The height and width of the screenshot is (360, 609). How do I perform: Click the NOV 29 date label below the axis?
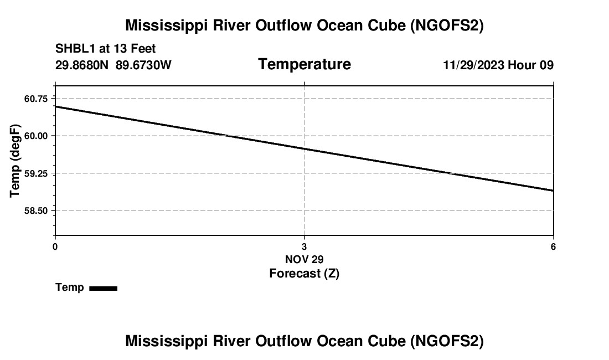click(304, 259)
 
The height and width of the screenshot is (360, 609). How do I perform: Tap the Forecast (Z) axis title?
click(304, 273)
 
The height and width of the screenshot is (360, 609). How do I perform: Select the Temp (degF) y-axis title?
click(16, 161)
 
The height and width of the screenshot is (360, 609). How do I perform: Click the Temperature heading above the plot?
click(304, 64)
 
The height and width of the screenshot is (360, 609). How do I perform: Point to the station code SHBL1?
click(74, 49)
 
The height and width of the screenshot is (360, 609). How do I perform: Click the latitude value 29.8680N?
click(82, 65)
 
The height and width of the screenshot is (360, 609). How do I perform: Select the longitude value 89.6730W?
click(143, 65)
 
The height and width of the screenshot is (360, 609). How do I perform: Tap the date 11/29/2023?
click(473, 65)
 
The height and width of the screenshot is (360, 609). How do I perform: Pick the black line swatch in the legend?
click(103, 288)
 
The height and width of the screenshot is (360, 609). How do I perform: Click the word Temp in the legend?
click(70, 287)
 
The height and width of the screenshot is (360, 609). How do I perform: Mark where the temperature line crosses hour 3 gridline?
click(304, 148)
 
